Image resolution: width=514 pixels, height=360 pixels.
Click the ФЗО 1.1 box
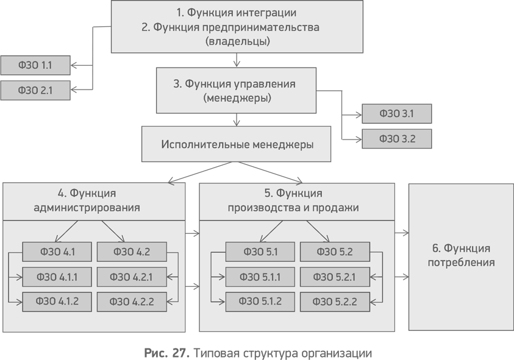point(35,65)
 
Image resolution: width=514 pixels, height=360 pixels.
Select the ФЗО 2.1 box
point(35,91)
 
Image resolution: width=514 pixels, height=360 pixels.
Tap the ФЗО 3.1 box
point(397,114)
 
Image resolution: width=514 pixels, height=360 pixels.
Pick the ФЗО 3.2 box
point(397,139)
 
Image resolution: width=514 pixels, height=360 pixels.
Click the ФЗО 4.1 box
point(57,252)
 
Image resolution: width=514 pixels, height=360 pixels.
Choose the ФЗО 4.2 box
point(131,252)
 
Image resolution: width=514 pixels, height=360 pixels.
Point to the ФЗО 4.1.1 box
point(57,277)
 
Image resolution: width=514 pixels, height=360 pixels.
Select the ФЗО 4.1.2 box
point(57,302)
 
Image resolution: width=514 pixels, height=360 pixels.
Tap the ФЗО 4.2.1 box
point(131,277)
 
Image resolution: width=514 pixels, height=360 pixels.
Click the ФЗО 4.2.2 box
point(131,302)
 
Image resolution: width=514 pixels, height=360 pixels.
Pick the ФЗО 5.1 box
point(260,252)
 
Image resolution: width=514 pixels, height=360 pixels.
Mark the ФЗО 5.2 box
point(334,252)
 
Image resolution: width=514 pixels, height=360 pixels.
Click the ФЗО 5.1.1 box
point(260,277)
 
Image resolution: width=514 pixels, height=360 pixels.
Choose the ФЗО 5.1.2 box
point(260,302)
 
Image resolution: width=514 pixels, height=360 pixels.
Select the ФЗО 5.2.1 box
point(334,277)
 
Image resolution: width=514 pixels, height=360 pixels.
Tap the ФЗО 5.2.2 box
point(334,302)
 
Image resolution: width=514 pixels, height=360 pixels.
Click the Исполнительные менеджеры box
point(237,144)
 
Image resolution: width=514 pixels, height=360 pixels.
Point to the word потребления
point(461,263)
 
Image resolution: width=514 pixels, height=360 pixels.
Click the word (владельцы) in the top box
point(237,42)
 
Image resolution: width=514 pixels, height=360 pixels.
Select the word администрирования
point(87,208)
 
